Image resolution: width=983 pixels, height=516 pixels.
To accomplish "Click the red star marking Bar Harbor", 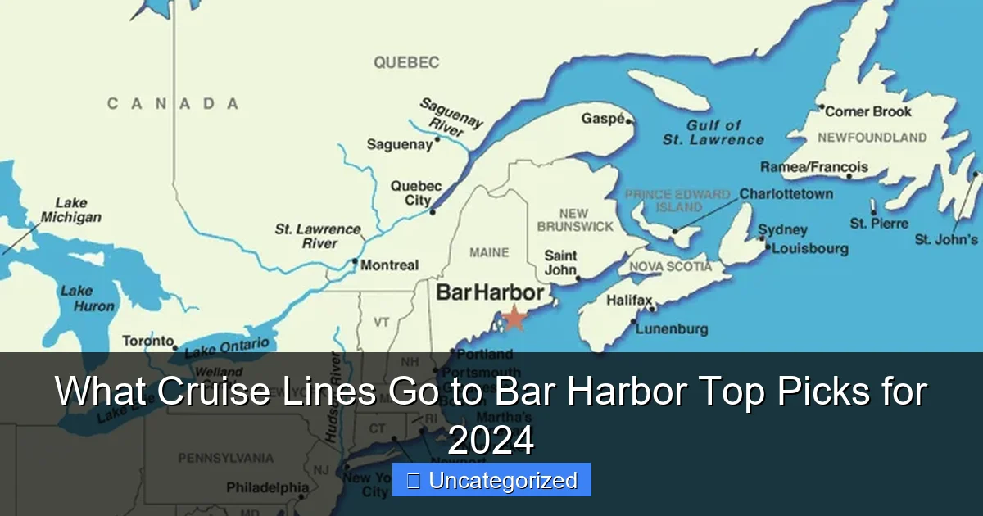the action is (514, 317).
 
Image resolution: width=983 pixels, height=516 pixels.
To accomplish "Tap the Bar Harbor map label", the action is (490, 292).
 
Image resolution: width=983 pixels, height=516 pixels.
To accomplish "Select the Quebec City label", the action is (416, 193).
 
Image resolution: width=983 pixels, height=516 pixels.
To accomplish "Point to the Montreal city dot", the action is (355, 262).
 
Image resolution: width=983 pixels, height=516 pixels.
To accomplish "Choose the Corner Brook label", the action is (868, 111).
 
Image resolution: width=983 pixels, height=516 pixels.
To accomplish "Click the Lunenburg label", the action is (672, 329).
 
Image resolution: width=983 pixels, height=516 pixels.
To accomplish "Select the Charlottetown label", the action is (786, 194).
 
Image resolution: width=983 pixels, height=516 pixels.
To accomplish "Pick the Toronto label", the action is (148, 341).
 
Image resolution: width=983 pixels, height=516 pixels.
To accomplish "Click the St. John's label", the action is (946, 239).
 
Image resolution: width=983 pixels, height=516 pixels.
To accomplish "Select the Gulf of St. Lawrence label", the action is (713, 132).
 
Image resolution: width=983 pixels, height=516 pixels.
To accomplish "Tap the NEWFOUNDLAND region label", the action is (872, 138).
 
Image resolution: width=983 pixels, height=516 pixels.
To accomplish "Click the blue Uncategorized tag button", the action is (491, 480).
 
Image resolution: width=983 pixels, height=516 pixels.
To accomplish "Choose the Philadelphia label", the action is (268, 488).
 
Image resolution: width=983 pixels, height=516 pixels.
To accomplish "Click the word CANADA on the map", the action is (173, 103).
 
